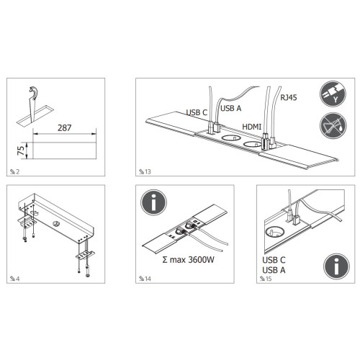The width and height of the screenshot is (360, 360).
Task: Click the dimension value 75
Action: pos(20,151)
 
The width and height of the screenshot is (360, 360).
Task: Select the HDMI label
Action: pos(252,126)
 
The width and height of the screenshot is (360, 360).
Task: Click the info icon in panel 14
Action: pos(153,202)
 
